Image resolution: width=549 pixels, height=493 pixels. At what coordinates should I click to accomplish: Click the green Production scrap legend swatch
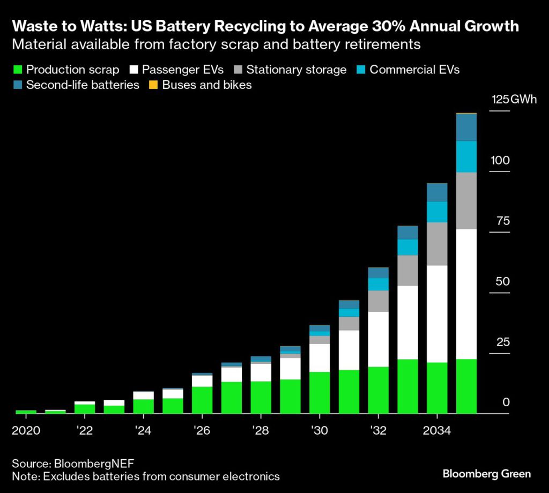[x=17, y=70]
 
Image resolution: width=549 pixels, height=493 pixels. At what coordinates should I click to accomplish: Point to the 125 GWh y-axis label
[x=514, y=100]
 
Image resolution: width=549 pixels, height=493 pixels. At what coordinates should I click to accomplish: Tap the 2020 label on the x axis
[x=26, y=430]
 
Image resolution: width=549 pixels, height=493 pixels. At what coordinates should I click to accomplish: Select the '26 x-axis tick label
[x=202, y=430]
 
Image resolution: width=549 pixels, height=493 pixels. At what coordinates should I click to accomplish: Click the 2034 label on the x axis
[x=437, y=430]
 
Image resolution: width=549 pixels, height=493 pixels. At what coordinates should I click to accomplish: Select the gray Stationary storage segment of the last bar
[x=466, y=200]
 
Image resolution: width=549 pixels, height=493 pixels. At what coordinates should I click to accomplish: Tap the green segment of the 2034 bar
[x=437, y=388]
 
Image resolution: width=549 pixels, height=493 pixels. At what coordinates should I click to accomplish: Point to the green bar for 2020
[x=26, y=412]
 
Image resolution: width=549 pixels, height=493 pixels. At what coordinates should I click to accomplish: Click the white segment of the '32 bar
[x=379, y=339]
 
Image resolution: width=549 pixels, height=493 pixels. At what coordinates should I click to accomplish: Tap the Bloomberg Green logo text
[x=487, y=474]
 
